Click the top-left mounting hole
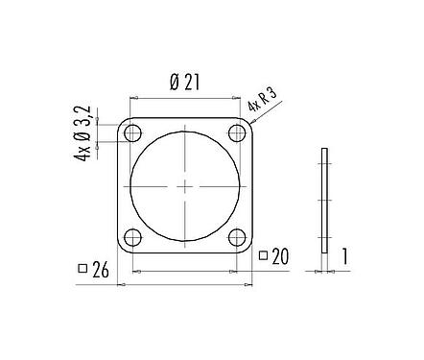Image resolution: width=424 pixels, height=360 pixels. pyautogui.click(x=133, y=132)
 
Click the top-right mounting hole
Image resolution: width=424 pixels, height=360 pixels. pyautogui.click(x=236, y=132)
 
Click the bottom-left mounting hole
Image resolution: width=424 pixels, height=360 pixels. pyautogui.click(x=133, y=236)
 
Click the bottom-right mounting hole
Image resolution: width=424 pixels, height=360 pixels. pyautogui.click(x=236, y=236)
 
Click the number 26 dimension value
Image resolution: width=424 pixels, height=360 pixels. pyautogui.click(x=102, y=272)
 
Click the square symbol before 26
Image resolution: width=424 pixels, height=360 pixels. pyautogui.click(x=82, y=270)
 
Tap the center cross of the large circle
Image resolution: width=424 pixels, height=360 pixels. pyautogui.click(x=184, y=184)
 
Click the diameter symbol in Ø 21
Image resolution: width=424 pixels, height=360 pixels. pyautogui.click(x=173, y=84)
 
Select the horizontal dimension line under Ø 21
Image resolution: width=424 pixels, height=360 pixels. pyautogui.click(x=184, y=98)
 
